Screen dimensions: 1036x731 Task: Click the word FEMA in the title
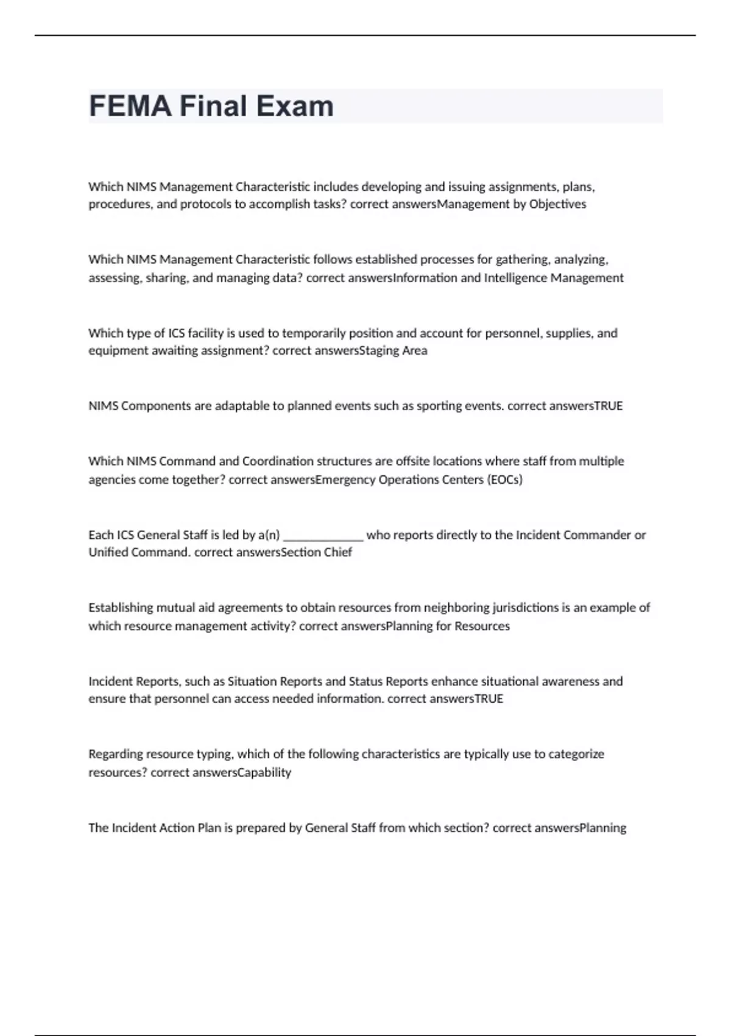click(130, 106)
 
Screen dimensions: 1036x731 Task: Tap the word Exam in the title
click(295, 106)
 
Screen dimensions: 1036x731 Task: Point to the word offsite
click(412, 461)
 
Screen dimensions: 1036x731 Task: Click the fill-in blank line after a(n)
click(323, 535)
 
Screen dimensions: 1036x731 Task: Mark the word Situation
click(251, 681)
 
